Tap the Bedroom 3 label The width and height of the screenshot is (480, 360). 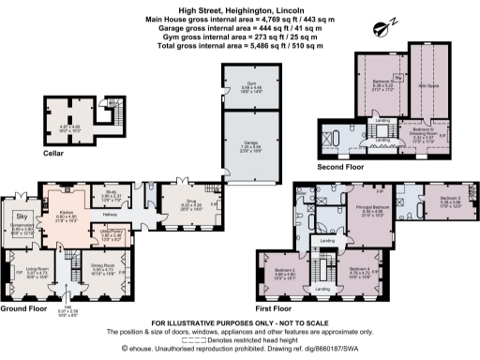pyautogui.click(x=444, y=199)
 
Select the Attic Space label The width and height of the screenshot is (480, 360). pyautogui.click(x=424, y=82)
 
